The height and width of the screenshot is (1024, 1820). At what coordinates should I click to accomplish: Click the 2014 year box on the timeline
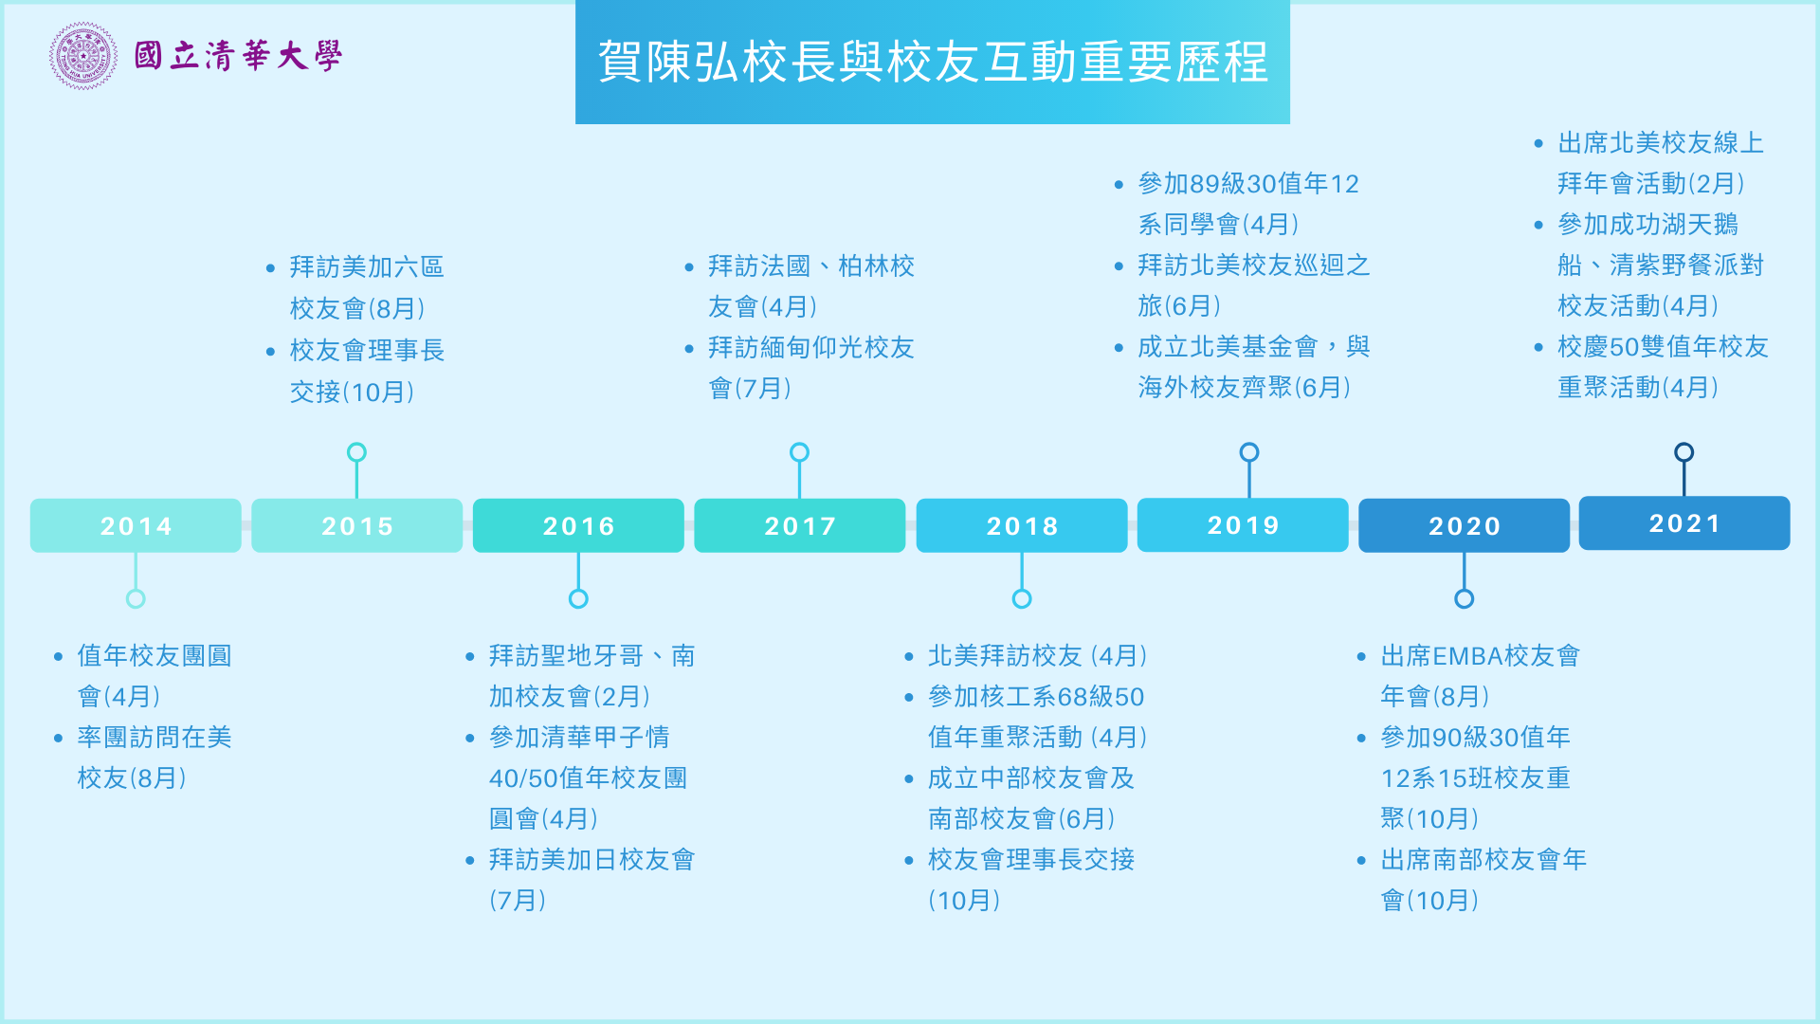point(136,525)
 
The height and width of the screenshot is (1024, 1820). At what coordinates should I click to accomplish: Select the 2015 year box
point(356,525)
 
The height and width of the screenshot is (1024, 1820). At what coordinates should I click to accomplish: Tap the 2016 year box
point(578,525)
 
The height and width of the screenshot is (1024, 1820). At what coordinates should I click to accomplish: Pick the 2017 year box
point(800,525)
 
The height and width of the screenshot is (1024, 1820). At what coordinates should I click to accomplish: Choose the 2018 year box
point(1022,525)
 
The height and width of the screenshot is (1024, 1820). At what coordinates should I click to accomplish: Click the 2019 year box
point(1243,524)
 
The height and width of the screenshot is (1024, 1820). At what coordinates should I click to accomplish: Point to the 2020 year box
point(1465,525)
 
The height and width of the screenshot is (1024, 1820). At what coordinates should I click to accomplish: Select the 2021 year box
point(1684,522)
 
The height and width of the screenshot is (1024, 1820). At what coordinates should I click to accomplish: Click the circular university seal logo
point(83,56)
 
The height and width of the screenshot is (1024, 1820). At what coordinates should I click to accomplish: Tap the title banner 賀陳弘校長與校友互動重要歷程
point(933,62)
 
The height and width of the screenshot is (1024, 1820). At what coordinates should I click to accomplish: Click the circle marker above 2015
point(356,452)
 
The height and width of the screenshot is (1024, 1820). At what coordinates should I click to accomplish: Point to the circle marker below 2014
point(136,598)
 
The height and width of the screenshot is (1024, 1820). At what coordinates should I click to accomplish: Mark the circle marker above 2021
point(1684,452)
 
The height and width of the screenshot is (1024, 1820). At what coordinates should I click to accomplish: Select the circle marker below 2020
point(1465,598)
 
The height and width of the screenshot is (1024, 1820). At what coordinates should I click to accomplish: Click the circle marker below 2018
point(1022,598)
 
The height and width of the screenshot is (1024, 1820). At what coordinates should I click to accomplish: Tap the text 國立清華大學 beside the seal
point(238,56)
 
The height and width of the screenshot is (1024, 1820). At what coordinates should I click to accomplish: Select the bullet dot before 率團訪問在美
point(59,739)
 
